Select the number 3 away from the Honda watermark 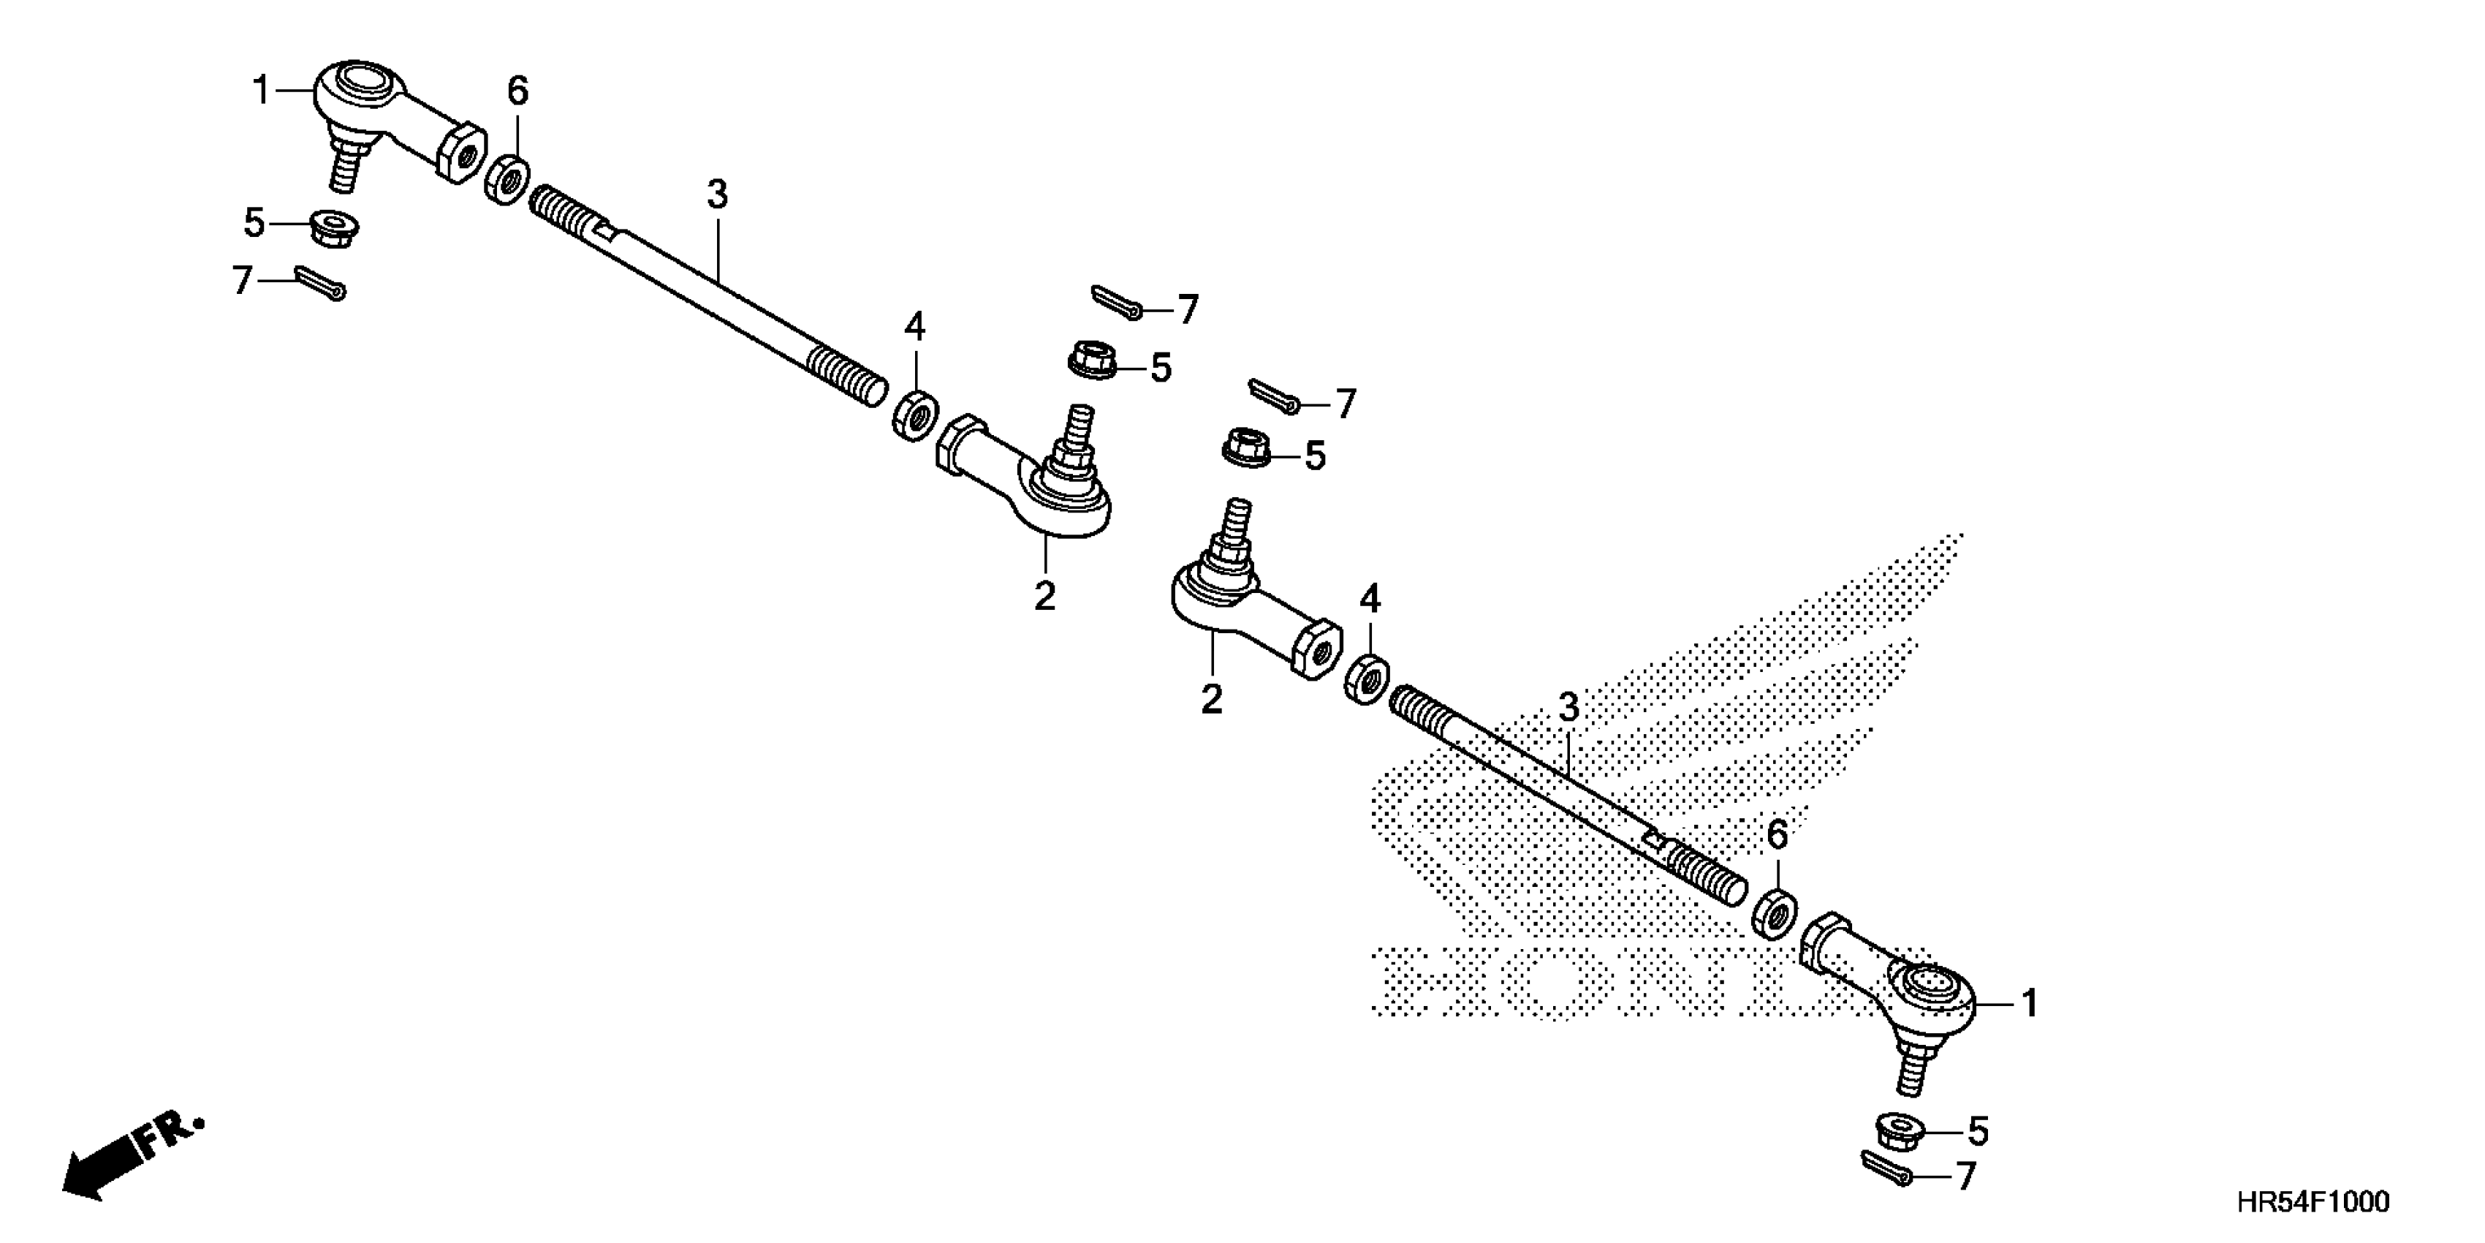(717, 194)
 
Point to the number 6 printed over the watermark (1777, 836)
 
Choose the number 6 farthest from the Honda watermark (518, 91)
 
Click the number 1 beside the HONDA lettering (2030, 1004)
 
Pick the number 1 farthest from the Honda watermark (260, 91)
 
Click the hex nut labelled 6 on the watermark (1773, 913)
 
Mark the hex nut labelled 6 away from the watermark (507, 181)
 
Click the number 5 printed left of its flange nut (253, 223)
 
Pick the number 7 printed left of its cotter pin (241, 281)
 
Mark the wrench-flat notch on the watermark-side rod (1653, 839)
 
